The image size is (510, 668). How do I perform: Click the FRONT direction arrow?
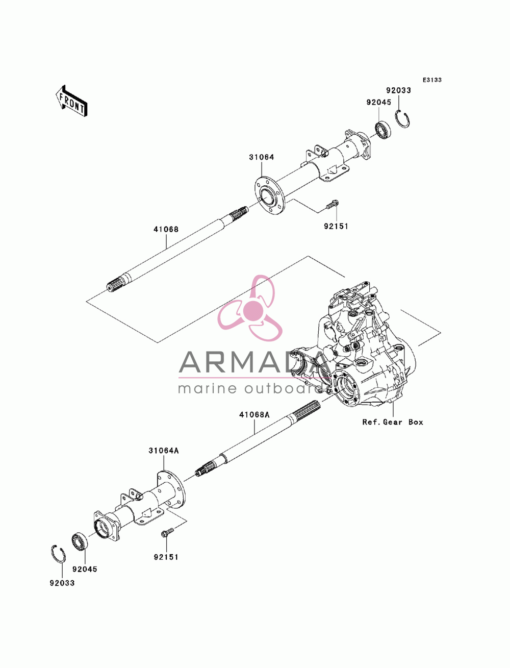71,101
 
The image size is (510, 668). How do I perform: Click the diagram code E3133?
431,80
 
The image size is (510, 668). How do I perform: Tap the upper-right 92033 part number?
398,90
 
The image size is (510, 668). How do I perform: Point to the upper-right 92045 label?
378,102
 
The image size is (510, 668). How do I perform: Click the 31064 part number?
261,157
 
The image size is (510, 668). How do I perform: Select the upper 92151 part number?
336,227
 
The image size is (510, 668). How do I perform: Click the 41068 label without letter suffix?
166,230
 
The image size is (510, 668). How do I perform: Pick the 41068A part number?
254,415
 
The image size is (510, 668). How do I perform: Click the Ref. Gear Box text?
392,422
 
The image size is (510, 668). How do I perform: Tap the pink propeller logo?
250,308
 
